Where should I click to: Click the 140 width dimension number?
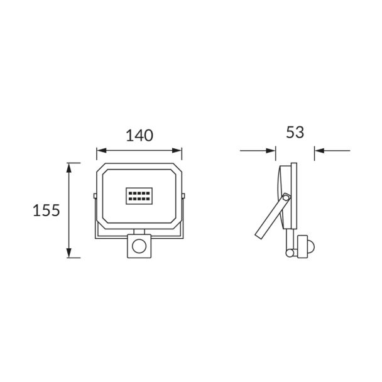139,136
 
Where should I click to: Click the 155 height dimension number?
46,210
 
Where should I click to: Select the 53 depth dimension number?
295,133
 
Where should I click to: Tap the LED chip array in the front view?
139,196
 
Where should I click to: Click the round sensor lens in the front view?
139,246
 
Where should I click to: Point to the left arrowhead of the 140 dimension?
101,151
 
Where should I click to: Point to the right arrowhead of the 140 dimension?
177,151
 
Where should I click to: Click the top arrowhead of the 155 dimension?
69,168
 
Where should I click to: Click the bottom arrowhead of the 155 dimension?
69,253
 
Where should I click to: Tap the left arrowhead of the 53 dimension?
271,151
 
